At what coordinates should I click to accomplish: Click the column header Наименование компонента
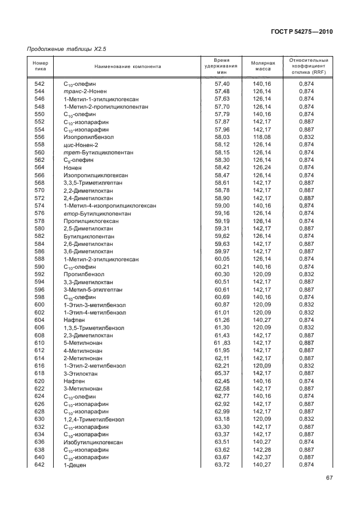tap(128, 66)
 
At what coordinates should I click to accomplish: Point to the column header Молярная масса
tap(263, 66)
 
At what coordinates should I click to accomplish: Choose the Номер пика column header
tap(39, 66)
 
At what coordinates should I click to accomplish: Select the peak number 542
tap(39, 83)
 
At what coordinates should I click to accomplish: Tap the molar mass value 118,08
tap(263, 137)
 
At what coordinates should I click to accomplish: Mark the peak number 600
tap(39, 305)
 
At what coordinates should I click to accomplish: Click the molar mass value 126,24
tap(263, 168)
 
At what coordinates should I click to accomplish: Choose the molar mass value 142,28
tap(263, 450)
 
